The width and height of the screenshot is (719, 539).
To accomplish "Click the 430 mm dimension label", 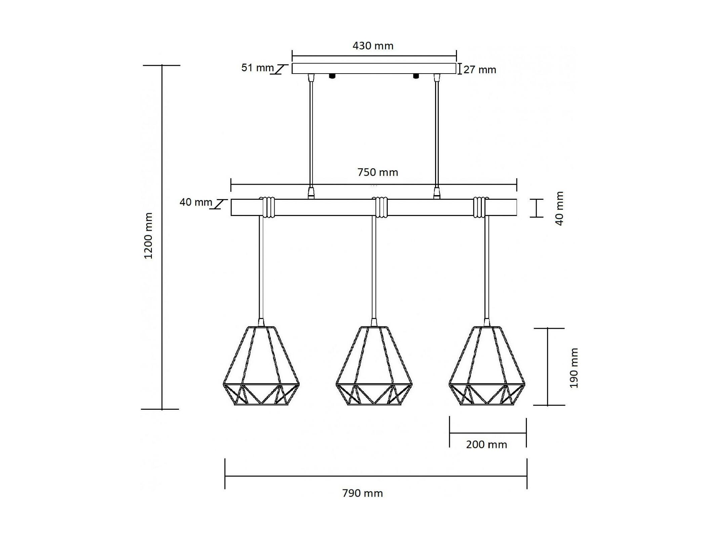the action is coord(373,46).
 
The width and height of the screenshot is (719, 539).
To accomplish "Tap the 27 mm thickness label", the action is coord(480,70).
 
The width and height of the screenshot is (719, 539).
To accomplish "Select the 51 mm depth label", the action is coord(257,68).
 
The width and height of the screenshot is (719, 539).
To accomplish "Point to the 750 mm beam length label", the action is coord(378,172).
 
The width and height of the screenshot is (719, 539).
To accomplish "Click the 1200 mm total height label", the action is coord(148,236).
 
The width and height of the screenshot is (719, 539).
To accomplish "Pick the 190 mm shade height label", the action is coord(574,368).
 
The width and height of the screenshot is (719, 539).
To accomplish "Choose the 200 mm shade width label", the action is coord(486,445).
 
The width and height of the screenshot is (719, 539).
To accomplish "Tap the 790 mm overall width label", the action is coord(363,493).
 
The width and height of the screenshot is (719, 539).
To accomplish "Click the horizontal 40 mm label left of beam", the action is coord(196,202).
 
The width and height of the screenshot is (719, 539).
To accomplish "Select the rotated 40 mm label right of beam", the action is coord(559,209).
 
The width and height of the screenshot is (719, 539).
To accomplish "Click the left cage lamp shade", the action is coord(261,366).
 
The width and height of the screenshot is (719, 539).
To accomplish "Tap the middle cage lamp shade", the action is coord(374,366).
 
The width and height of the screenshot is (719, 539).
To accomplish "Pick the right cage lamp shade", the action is coord(487,366).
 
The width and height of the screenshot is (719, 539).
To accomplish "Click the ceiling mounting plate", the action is coord(374,69).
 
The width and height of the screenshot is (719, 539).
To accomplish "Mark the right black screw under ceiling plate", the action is coord(416,76).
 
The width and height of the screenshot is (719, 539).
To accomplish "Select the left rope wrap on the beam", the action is coord(267,207).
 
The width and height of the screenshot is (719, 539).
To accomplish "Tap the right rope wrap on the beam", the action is coord(479,207).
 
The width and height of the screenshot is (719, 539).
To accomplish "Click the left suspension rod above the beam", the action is coord(311,136).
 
